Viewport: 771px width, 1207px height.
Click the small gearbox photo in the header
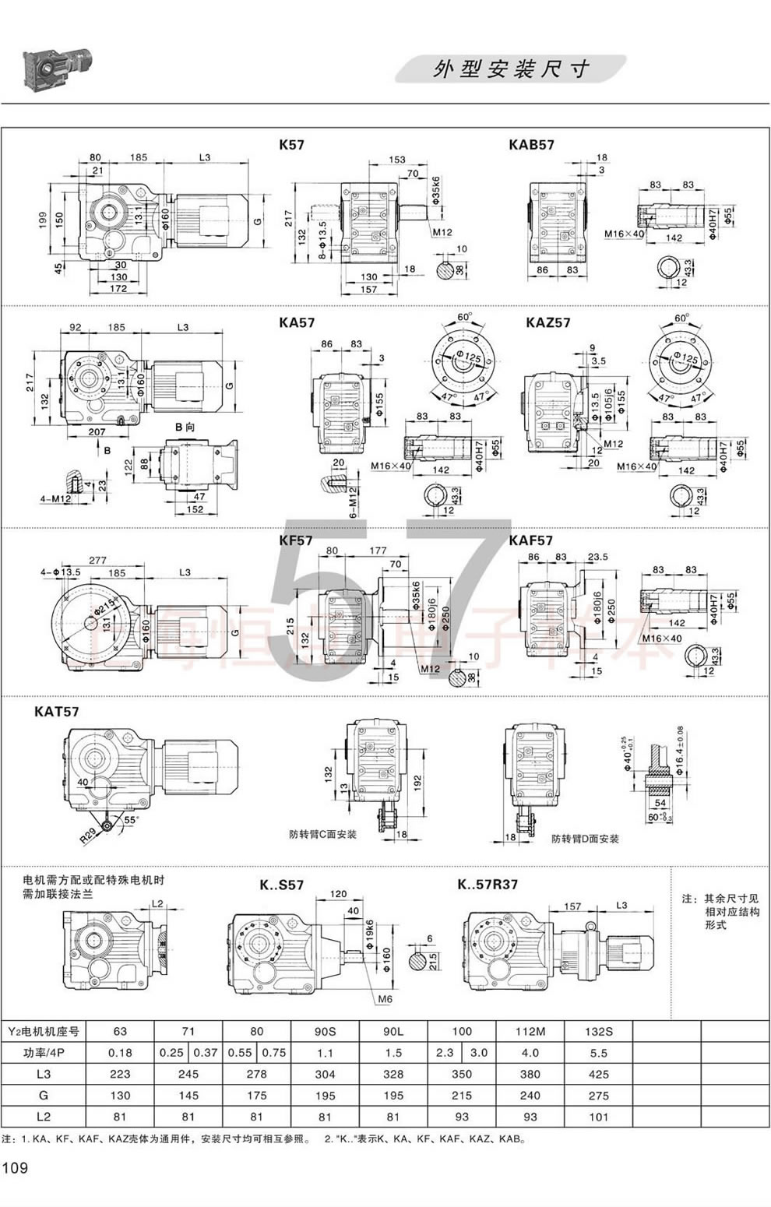[58, 68]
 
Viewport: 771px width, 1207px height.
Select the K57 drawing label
[291, 144]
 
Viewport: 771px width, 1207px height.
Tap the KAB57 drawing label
[531, 144]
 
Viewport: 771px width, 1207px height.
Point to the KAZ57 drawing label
[547, 322]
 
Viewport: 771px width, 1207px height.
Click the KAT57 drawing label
[56, 711]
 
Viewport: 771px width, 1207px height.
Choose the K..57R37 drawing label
[488, 884]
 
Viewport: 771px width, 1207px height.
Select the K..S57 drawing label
[281, 885]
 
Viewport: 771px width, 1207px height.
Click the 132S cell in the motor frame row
[598, 1031]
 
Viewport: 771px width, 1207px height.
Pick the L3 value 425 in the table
[598, 1074]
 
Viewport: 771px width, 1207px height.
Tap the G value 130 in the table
[120, 1095]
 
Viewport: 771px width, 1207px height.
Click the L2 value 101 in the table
[598, 1116]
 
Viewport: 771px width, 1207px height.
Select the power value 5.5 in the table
[598, 1052]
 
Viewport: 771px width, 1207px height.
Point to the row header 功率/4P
[44, 1052]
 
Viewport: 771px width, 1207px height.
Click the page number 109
[16, 1167]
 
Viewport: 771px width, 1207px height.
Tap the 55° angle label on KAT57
[129, 820]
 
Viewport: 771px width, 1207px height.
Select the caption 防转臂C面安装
[322, 834]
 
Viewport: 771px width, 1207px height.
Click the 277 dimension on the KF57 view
[98, 560]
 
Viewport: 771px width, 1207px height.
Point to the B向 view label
[184, 427]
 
